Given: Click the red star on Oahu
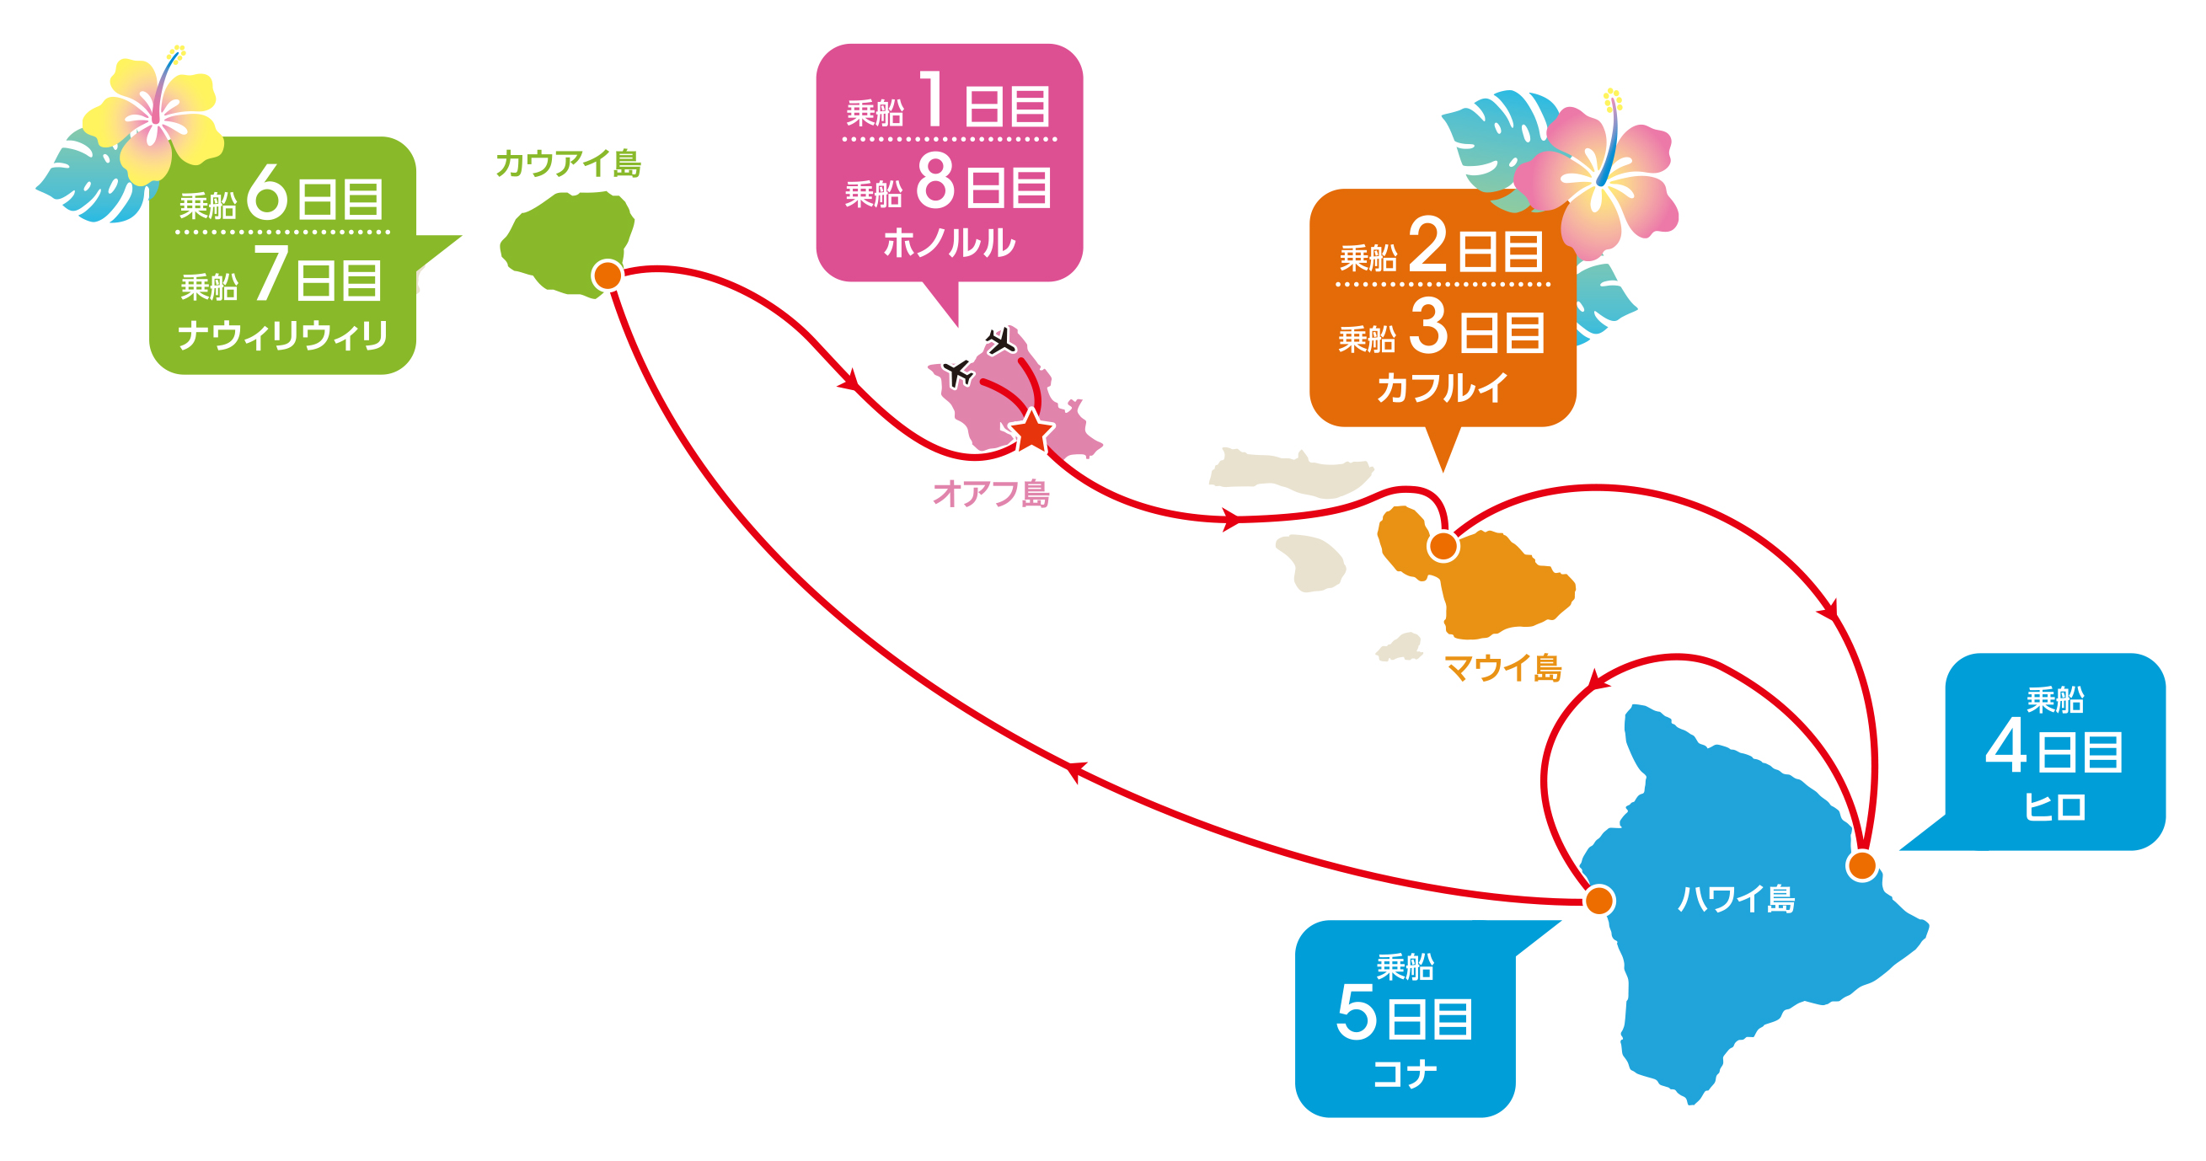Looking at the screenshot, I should pos(1032,431).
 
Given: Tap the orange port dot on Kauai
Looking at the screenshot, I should pos(608,276).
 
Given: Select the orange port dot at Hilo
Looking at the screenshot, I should pos(1861,865).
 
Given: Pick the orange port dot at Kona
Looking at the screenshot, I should pos(1598,901).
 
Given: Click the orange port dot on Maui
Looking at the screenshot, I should pos(1443,546).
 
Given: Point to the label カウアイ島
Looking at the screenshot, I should pos(569,163).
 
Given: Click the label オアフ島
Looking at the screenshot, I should pos(991,494).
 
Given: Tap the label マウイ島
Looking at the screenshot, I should pos(1503,668).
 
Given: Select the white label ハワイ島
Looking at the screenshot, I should pos(1736,899).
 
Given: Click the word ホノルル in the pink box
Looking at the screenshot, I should pos(949,243).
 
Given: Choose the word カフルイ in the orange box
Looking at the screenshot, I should pos(1442,388).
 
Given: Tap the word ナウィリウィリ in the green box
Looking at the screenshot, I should pos(282,334).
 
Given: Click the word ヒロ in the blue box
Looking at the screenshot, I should pos(2054,806).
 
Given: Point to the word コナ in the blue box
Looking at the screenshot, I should pos(1405,1073).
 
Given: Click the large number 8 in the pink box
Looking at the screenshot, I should pos(935,181).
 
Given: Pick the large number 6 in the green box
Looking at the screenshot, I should pos(267,192).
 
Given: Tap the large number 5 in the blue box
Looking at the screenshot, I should pos(1357,1012).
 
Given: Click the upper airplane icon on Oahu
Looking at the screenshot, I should pos(999,341).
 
